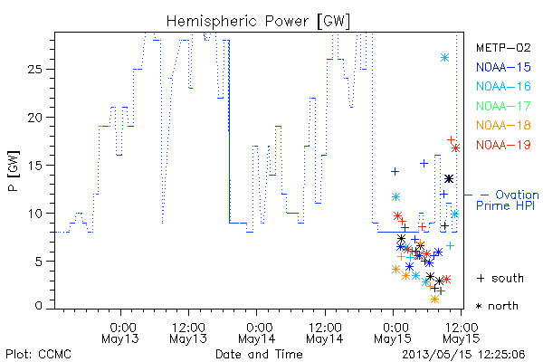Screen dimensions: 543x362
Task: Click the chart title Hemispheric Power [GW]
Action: coord(258,21)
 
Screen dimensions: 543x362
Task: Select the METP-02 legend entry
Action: coord(503,47)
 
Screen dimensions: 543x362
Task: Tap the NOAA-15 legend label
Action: coord(503,67)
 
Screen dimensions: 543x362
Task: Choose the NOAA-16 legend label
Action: coord(503,86)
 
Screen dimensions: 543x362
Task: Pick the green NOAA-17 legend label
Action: coord(503,106)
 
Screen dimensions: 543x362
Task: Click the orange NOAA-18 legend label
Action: coord(503,125)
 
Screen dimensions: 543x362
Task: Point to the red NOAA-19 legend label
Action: coord(503,145)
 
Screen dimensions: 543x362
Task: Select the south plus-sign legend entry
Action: coord(500,278)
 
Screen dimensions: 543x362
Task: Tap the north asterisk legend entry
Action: coord(497,306)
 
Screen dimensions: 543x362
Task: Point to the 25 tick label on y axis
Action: coord(35,70)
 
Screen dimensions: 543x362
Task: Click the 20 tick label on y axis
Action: coord(35,118)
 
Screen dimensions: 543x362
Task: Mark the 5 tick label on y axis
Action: coord(39,262)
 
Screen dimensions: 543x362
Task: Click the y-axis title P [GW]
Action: coord(14,171)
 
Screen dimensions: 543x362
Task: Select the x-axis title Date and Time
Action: coord(259,355)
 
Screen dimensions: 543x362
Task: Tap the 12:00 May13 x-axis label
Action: coord(188,333)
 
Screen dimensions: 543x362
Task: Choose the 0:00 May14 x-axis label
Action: coord(257,333)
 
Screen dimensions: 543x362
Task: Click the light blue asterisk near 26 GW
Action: coord(445,58)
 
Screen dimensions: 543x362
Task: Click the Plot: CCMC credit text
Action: coord(38,355)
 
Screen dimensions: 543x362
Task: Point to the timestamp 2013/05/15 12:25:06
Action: coord(463,355)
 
